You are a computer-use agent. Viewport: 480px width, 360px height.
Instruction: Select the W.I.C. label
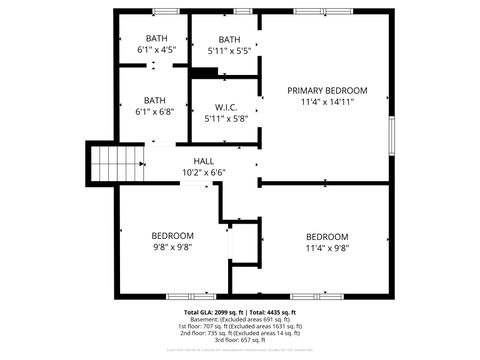225,107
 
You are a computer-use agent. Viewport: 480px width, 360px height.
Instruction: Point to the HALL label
204,161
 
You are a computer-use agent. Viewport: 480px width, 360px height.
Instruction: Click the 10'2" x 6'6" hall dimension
204,172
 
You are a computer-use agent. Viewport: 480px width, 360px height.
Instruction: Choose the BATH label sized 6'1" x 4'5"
155,38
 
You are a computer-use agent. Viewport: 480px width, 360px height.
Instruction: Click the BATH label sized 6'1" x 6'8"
155,100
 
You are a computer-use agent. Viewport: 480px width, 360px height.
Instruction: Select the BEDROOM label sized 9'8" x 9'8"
172,236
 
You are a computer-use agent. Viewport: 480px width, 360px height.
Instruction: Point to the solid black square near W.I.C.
205,72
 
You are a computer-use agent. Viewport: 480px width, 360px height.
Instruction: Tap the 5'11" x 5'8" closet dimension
225,119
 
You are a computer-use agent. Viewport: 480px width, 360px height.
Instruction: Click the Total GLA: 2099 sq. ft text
209,313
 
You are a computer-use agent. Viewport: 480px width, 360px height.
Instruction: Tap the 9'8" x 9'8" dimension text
172,247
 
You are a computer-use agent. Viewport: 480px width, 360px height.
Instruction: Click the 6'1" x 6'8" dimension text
155,112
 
